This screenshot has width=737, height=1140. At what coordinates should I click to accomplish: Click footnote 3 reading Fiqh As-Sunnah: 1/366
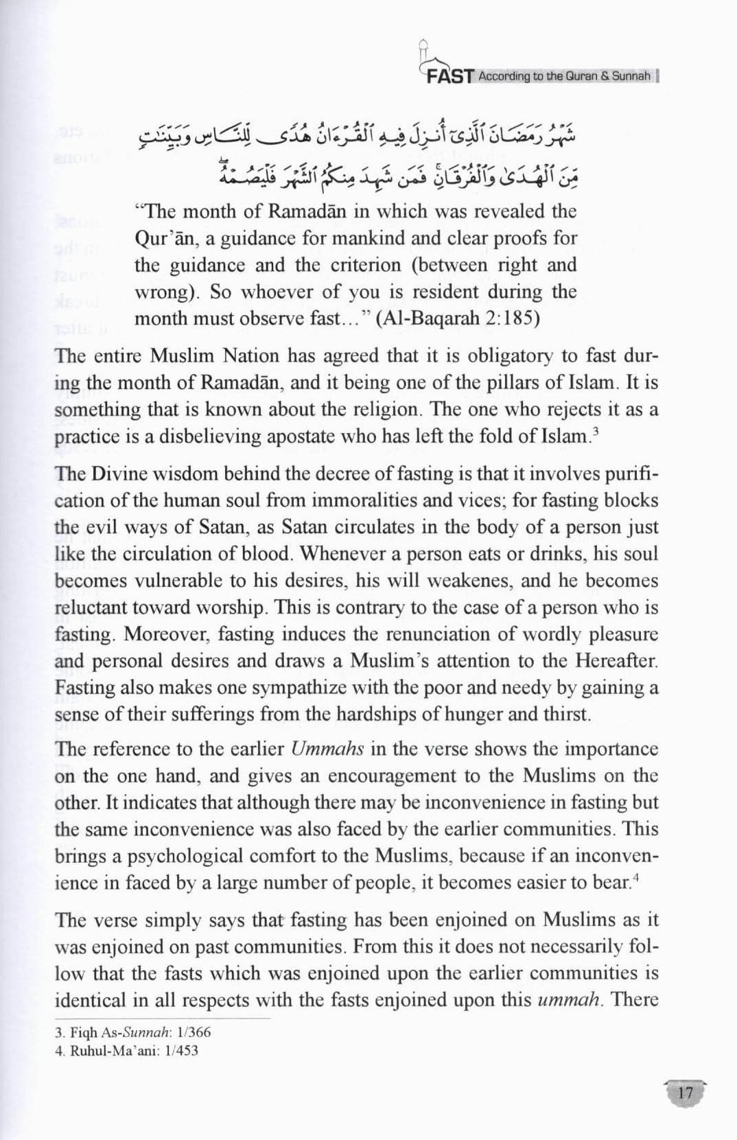[x=132, y=1032]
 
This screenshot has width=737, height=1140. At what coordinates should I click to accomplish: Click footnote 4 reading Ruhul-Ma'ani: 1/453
[x=126, y=1050]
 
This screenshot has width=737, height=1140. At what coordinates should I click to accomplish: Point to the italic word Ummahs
[x=327, y=749]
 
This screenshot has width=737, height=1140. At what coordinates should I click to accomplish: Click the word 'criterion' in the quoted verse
[x=378, y=265]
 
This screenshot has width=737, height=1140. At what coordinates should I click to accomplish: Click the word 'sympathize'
[x=277, y=688]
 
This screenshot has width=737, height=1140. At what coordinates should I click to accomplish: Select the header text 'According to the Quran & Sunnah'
[x=564, y=76]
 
